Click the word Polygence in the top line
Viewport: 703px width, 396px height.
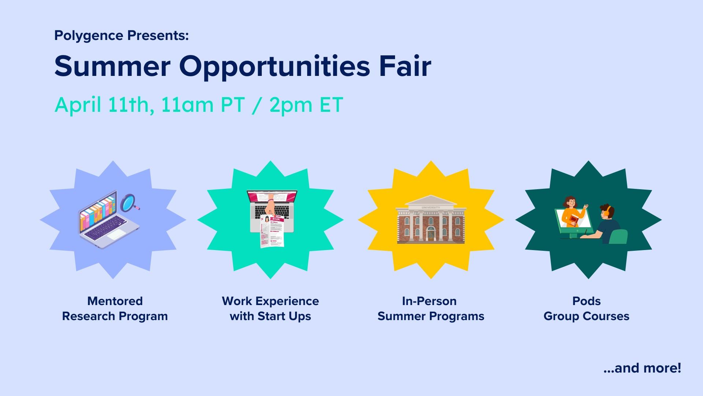tap(89, 36)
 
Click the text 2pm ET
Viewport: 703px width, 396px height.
tap(306, 105)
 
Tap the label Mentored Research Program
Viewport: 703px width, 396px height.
tap(115, 309)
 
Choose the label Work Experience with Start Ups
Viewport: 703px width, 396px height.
tap(270, 309)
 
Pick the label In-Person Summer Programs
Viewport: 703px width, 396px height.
tap(431, 309)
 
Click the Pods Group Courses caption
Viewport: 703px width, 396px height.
tap(587, 309)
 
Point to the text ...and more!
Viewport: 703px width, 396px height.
tap(642, 368)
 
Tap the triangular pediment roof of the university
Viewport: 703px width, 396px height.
tap(431, 200)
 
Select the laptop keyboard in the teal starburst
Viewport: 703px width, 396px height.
tap(272, 212)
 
